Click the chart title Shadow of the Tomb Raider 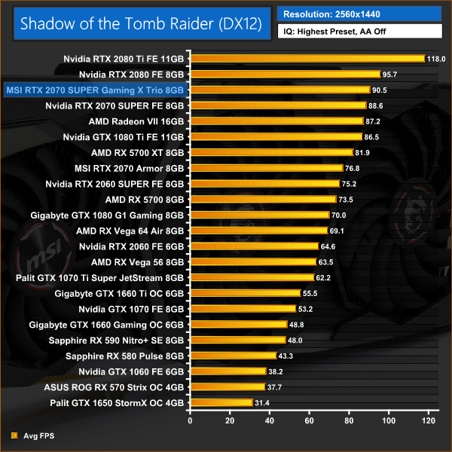[141, 23]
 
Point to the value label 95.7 [392, 74]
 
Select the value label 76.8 [355, 168]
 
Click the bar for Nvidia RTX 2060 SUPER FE [266, 184]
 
